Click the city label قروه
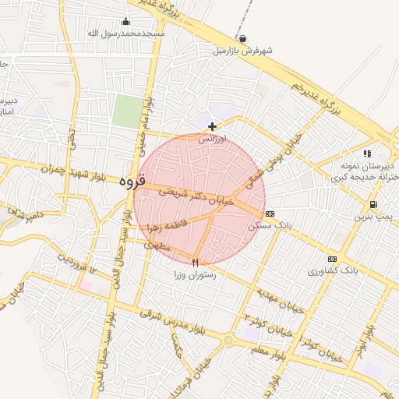[x=133, y=181]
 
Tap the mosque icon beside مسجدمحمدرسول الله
[x=126, y=22]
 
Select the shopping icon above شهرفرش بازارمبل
[x=243, y=39]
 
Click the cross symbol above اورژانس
[x=212, y=126]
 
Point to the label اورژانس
[x=212, y=139]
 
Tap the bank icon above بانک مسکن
[x=270, y=214]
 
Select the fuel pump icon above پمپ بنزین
[x=373, y=206]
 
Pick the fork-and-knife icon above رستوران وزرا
[x=196, y=263]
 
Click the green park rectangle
[x=125, y=111]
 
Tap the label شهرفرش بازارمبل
[x=243, y=51]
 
